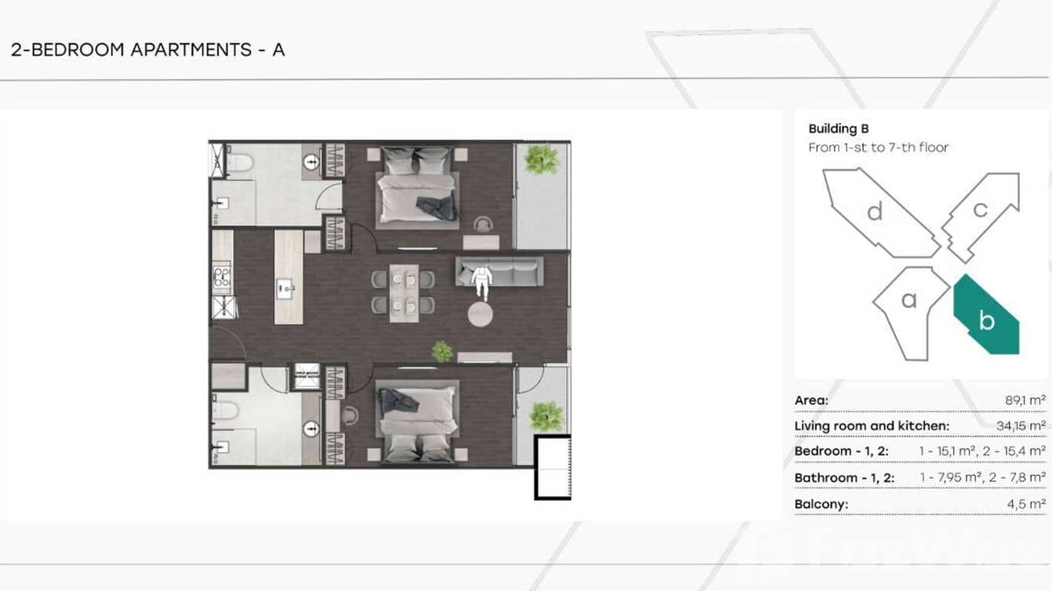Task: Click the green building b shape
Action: [x=985, y=317]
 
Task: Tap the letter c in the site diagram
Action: [x=980, y=209]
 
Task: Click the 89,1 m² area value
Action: [x=1025, y=401]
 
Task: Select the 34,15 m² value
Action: [x=1021, y=426]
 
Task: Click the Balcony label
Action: [x=822, y=504]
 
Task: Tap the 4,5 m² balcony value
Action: [x=1026, y=504]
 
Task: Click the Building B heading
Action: [x=838, y=129]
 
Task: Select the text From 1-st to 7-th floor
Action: [x=878, y=147]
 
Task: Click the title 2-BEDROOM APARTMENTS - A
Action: [x=147, y=49]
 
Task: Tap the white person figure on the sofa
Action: [x=481, y=282]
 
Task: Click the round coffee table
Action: [x=480, y=314]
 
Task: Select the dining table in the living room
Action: [x=404, y=293]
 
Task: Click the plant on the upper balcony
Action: [x=542, y=159]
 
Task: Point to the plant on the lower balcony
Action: [x=546, y=416]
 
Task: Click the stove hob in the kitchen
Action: [x=222, y=277]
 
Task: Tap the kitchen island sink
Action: [x=285, y=288]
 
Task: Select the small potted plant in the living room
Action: [x=442, y=352]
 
